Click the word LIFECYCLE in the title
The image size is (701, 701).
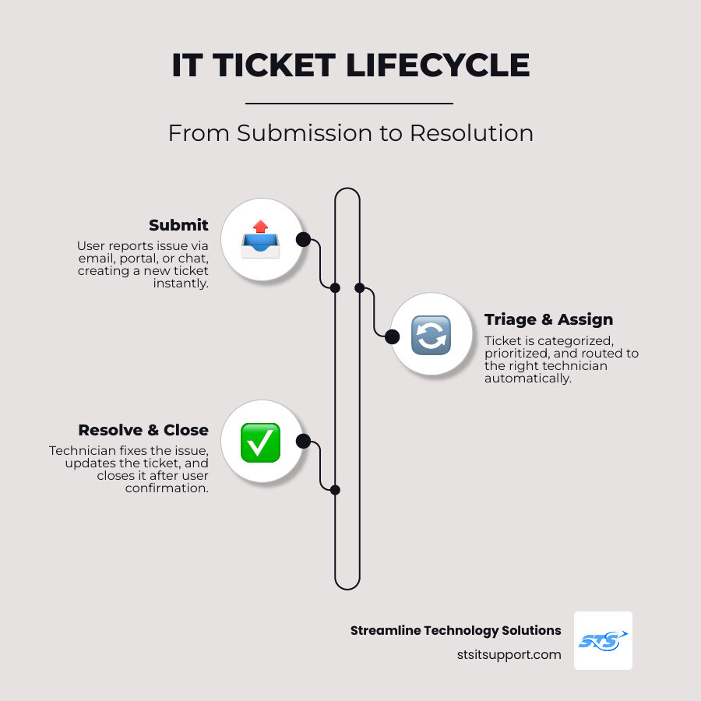[x=438, y=66]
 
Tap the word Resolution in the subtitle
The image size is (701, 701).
[x=471, y=133]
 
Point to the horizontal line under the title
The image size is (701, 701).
[x=349, y=103]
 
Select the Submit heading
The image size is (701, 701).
[x=178, y=225]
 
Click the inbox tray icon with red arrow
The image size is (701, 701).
[x=261, y=239]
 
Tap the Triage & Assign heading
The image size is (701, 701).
[x=548, y=319]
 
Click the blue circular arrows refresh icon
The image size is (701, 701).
[x=431, y=336]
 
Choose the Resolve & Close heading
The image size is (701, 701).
[x=143, y=430]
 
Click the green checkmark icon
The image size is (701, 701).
[x=261, y=442]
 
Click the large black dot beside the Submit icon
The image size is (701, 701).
[x=303, y=239]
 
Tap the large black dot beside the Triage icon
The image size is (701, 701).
[x=393, y=336]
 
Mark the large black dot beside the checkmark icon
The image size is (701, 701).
[x=303, y=441]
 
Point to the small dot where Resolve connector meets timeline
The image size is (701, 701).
[x=335, y=490]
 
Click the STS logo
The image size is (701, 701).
[x=603, y=640]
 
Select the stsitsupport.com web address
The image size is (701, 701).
[x=509, y=654]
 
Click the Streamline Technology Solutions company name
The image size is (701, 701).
[x=456, y=630]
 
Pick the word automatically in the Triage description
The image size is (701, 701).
[x=528, y=378]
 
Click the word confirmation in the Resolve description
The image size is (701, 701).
[x=167, y=488]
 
